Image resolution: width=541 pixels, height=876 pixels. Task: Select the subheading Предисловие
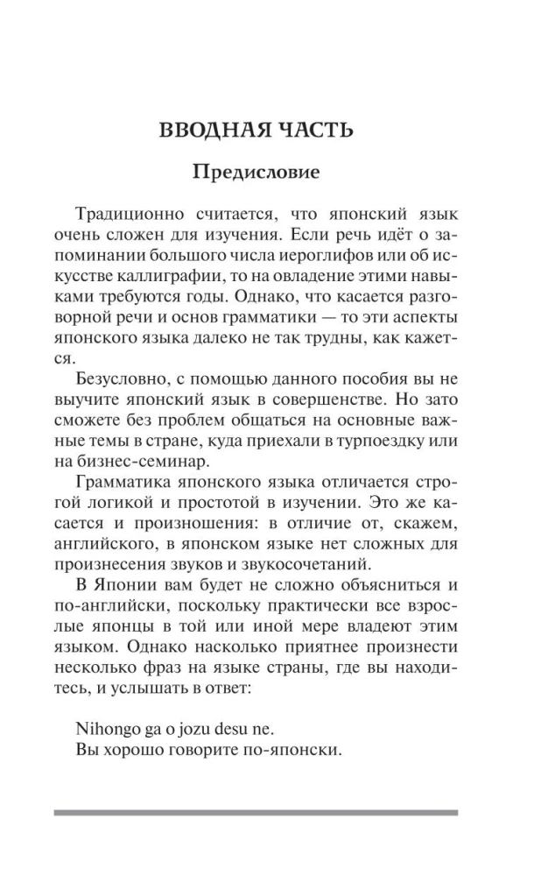256,173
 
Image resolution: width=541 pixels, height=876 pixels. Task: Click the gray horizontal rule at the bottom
256,813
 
